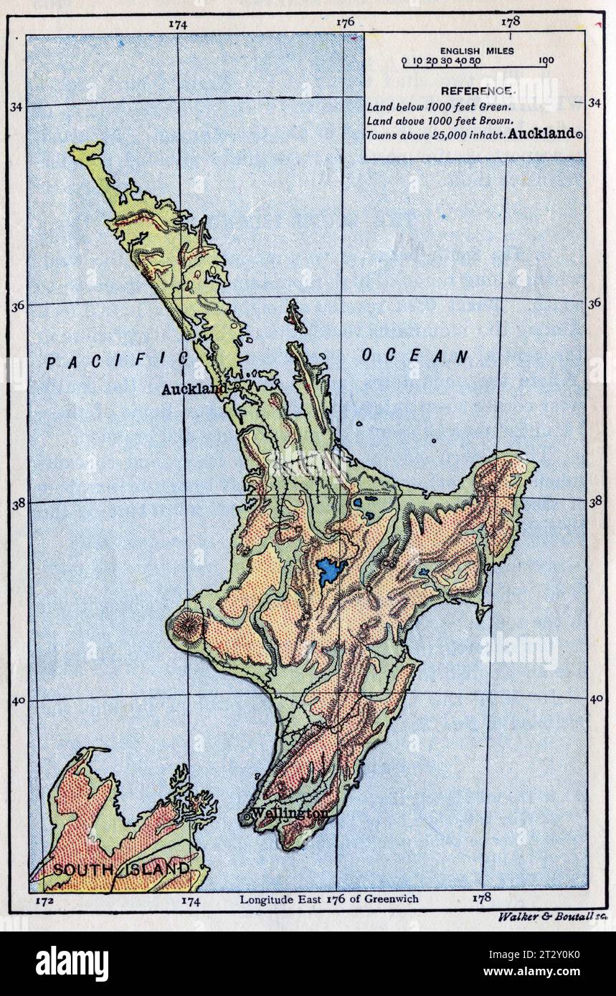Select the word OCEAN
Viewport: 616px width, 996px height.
pos(414,356)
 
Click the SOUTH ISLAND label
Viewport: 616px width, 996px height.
pos(122,869)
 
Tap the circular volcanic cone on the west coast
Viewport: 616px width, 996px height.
pos(187,626)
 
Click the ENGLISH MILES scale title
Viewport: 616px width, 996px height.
pos(477,51)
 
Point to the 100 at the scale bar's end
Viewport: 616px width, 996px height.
pos(545,61)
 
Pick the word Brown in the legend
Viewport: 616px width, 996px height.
pos(496,120)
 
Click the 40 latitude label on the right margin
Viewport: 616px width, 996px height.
pos(596,699)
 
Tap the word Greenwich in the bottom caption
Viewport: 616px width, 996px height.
pos(393,899)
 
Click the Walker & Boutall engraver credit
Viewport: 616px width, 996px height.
pos(551,916)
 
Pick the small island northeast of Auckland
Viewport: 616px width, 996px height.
pos(295,315)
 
